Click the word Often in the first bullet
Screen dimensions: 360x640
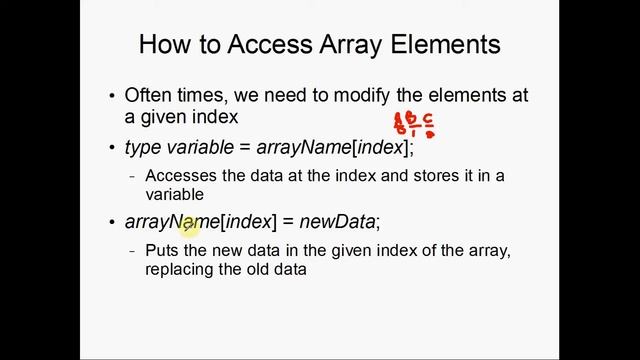pyautogui.click(x=147, y=96)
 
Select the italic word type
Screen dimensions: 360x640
pyautogui.click(x=143, y=147)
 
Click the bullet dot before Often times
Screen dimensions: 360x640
pyautogui.click(x=112, y=97)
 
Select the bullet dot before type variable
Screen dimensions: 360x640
pyautogui.click(x=112, y=148)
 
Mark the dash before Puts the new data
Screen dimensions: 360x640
pyautogui.click(x=133, y=251)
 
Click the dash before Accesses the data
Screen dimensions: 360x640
pyautogui.click(x=133, y=177)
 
